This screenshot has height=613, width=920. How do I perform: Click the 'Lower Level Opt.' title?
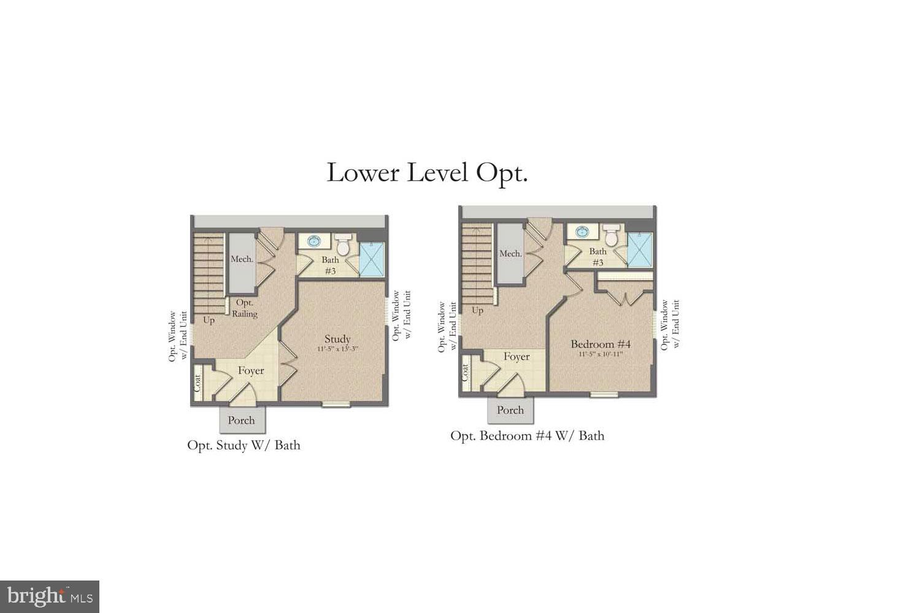coord(427,173)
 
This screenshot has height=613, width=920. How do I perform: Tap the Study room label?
coord(337,339)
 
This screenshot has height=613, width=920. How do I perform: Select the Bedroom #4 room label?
coord(600,345)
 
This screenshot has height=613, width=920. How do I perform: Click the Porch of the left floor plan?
coord(242,421)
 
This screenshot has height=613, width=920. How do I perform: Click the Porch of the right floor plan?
coord(510,410)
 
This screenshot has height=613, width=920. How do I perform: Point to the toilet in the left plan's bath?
coord(343,244)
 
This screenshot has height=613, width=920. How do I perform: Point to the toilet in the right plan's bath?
coord(611,235)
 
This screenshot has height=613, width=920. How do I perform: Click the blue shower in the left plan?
coord(371,259)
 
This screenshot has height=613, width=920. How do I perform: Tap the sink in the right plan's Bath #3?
coord(581,232)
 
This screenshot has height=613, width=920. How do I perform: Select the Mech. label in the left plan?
coord(242,259)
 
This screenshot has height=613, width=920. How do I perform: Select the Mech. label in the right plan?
coord(510,254)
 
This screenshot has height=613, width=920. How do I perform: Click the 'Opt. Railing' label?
coord(245,308)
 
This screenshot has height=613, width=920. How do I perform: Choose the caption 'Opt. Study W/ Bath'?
coord(243,445)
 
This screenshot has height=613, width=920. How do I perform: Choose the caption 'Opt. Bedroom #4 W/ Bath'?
coord(527,436)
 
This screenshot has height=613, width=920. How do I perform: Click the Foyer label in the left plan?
coord(251,371)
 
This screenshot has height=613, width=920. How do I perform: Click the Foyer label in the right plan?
coord(516,357)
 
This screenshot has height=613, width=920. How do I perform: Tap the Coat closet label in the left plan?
coord(198,384)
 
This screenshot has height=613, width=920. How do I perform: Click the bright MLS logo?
coord(49,596)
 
